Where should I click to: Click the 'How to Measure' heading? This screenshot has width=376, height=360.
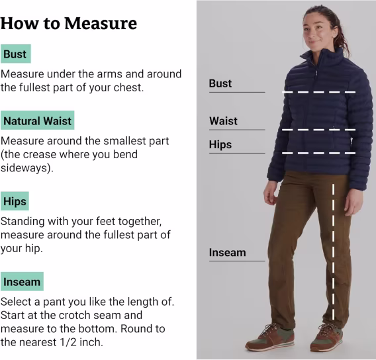(x=69, y=23)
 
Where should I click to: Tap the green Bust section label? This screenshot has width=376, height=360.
(x=16, y=54)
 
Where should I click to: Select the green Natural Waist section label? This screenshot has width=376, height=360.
(x=38, y=120)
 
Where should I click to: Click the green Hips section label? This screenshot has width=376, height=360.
(x=15, y=201)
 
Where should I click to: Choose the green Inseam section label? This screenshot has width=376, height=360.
(x=22, y=282)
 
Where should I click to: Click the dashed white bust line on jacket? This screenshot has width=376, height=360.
(x=319, y=92)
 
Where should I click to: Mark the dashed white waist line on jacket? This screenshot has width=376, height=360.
(x=319, y=130)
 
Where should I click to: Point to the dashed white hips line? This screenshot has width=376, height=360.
(x=319, y=153)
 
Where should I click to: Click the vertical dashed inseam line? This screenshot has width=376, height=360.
(x=334, y=251)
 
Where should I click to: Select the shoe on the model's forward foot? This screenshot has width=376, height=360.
(x=270, y=337)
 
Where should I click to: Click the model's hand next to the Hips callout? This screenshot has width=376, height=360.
(x=271, y=193)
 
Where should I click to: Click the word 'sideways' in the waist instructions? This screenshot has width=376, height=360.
(x=24, y=168)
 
